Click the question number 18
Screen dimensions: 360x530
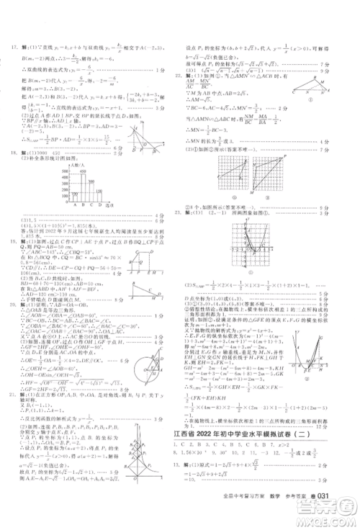(12, 152)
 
